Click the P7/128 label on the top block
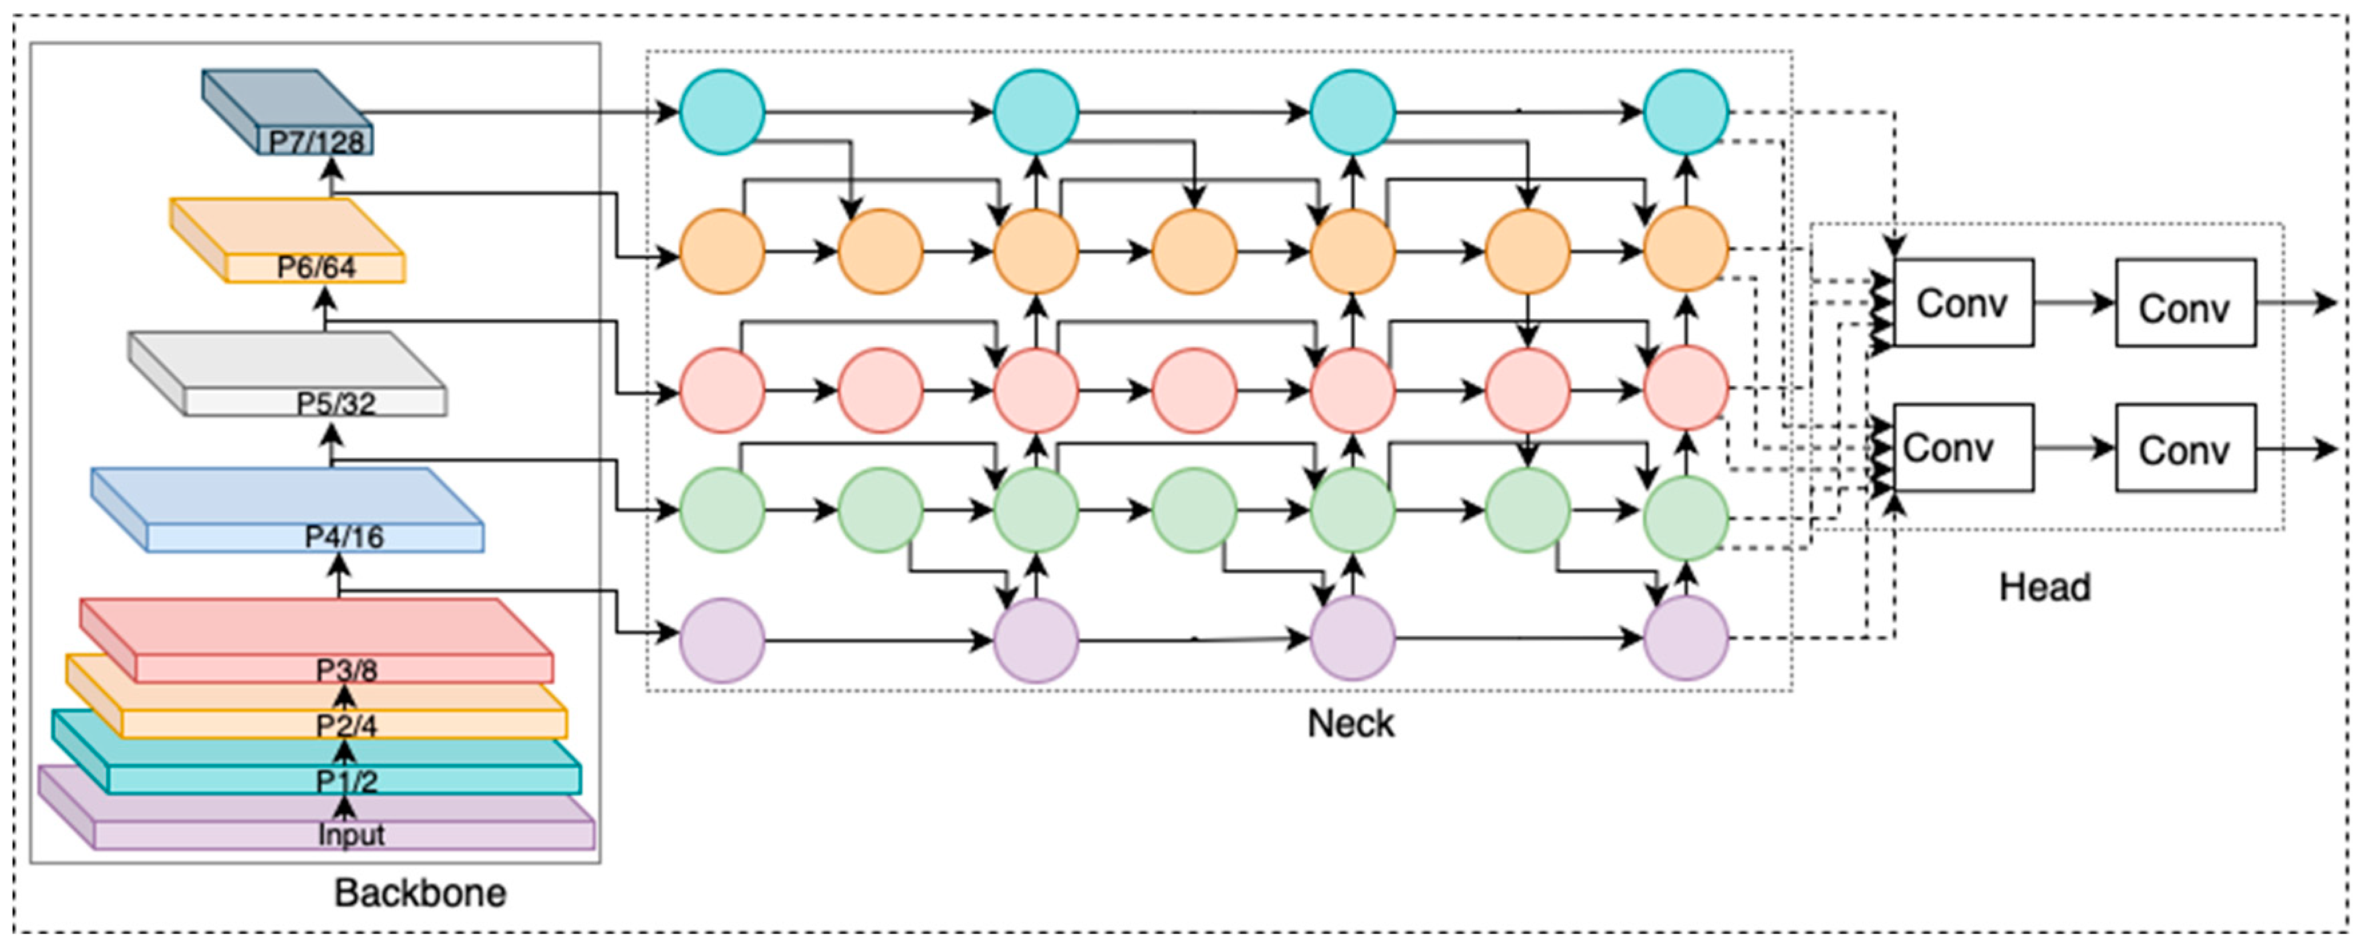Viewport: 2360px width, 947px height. pyautogui.click(x=316, y=141)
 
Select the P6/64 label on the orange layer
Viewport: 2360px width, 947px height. pyautogui.click(x=316, y=268)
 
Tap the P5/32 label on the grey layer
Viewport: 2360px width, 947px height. pyautogui.click(x=335, y=403)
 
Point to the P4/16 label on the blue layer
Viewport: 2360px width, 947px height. pyautogui.click(x=345, y=537)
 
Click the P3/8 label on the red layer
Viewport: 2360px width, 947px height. pyautogui.click(x=346, y=670)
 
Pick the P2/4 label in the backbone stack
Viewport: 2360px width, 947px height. pyautogui.click(x=346, y=726)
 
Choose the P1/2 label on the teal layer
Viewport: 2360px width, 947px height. pyautogui.click(x=346, y=781)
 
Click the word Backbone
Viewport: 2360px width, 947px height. pyautogui.click(x=420, y=893)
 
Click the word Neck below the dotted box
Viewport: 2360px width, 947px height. pyautogui.click(x=1350, y=724)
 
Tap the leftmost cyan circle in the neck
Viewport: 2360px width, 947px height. pyautogui.click(x=722, y=112)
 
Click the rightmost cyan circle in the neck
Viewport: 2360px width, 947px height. pyautogui.click(x=1686, y=112)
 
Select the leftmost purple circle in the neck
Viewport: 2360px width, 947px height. pyautogui.click(x=722, y=640)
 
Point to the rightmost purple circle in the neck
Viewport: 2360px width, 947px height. pyautogui.click(x=1686, y=638)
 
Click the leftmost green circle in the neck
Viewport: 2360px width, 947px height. pyautogui.click(x=722, y=510)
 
